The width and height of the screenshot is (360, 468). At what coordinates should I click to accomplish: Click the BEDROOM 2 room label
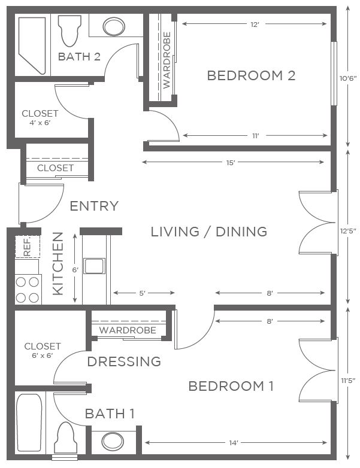coord(251,75)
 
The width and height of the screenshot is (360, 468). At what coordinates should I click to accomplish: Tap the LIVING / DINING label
coord(209,232)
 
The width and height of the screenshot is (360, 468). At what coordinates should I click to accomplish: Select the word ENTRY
coord(94,206)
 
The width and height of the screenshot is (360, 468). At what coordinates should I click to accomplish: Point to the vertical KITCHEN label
coord(58,263)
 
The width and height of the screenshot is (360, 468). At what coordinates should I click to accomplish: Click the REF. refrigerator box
coord(28,247)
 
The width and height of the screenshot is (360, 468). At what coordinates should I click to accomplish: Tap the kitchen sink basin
coord(94,266)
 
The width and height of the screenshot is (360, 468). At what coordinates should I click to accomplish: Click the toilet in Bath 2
coord(69,31)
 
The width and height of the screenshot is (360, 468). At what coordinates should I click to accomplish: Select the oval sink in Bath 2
coord(114,26)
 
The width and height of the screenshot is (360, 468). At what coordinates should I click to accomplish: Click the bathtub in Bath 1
coord(29,423)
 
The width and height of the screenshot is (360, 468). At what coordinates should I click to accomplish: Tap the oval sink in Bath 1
coord(113,442)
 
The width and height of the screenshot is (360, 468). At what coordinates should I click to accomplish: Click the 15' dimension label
coord(231,163)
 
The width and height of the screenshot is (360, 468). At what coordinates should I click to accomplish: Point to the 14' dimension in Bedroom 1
coord(234,443)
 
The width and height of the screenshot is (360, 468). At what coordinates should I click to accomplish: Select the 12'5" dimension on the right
coord(348,231)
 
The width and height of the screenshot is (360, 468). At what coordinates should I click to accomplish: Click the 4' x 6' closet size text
coord(40,123)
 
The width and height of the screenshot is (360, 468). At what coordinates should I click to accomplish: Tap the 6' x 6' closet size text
coord(43,355)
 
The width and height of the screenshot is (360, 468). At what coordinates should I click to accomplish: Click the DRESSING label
coord(124,361)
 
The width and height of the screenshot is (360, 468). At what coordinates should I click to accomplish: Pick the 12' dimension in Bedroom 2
coord(254,25)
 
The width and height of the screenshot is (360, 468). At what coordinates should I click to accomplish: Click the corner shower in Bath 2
coord(32,45)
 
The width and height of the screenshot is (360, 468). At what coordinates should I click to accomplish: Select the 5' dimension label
coord(142,293)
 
